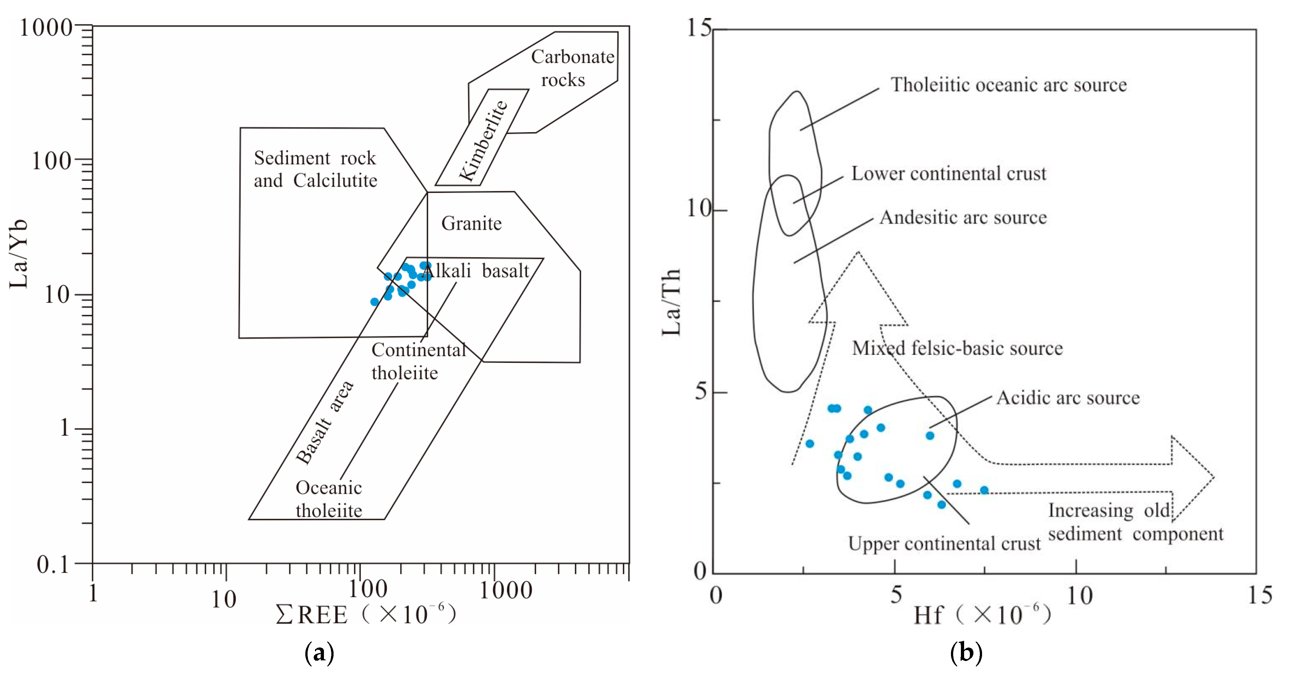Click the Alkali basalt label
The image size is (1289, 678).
click(x=475, y=271)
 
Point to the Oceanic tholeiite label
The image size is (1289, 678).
click(x=329, y=499)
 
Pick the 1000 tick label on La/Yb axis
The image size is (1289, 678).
click(x=46, y=28)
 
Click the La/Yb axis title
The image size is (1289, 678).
click(x=19, y=254)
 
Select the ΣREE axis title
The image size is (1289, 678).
click(x=366, y=614)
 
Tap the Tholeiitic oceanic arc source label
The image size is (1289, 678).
click(x=1008, y=85)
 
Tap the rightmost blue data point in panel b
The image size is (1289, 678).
click(x=984, y=490)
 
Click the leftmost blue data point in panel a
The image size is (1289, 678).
click(x=374, y=302)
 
